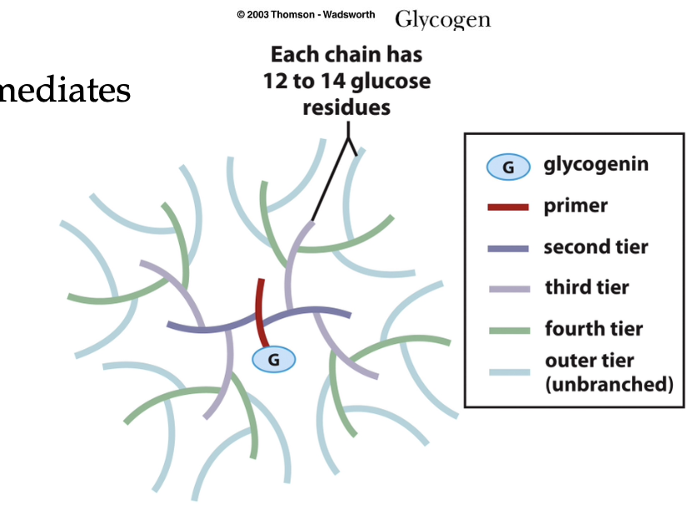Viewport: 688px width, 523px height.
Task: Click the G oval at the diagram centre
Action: tap(274, 359)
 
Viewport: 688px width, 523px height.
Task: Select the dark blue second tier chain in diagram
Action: tap(208, 327)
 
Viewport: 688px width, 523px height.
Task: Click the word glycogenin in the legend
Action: tap(596, 164)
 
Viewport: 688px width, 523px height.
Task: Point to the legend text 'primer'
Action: tap(576, 206)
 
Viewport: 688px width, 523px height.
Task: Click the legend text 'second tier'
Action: tap(596, 247)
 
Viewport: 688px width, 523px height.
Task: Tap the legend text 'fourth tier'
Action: tap(594, 328)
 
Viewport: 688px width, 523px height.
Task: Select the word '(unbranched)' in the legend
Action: tap(608, 384)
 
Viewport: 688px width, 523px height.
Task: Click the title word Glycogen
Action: tap(442, 18)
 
